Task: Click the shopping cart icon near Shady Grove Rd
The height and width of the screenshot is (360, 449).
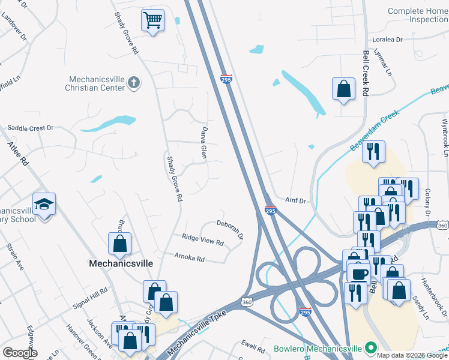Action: pos(152,20)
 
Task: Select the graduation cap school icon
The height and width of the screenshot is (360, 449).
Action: pos(44,205)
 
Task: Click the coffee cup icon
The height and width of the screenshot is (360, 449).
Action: pos(360,274)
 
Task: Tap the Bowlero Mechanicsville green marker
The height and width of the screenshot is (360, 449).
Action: pos(372,348)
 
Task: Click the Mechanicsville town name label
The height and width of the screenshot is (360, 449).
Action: pos(121,263)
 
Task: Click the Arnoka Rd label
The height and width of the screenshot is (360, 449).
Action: pos(189,259)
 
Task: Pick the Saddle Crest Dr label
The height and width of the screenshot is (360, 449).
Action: pos(30,128)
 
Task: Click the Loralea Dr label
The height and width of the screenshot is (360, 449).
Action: pos(390,40)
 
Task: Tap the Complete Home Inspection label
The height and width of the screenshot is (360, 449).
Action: pos(418,15)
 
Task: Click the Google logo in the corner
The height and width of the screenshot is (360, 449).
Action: pos(20,353)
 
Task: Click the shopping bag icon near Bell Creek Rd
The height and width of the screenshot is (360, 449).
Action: pos(343,88)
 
